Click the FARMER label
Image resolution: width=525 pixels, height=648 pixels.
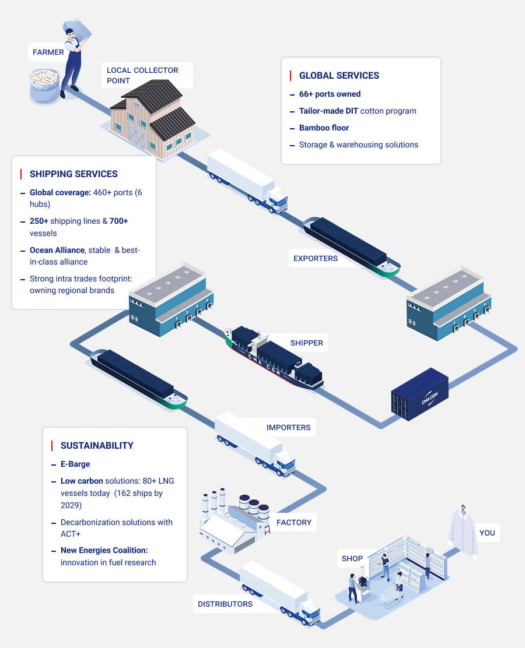click(48, 52)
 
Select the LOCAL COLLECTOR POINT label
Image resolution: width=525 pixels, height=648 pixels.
click(142, 75)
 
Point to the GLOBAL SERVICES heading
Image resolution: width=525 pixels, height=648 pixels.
click(339, 75)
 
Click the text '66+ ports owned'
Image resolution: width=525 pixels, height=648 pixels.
click(330, 94)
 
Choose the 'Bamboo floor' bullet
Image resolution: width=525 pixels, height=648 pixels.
click(324, 128)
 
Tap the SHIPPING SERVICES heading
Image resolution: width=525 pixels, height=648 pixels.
click(73, 174)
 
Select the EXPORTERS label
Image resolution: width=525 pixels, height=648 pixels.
click(316, 258)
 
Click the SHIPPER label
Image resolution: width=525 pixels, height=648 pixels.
click(306, 343)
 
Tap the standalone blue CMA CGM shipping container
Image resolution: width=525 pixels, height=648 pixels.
click(420, 394)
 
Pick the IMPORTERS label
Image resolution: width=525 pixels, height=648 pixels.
click(288, 427)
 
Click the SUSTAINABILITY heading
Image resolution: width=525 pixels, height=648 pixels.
click(97, 445)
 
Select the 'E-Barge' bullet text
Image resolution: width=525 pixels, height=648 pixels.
click(75, 464)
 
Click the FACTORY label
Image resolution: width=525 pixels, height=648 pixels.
click(294, 522)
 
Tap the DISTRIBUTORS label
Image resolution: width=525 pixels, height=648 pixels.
click(225, 604)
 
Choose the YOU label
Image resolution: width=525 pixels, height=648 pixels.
click(487, 533)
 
